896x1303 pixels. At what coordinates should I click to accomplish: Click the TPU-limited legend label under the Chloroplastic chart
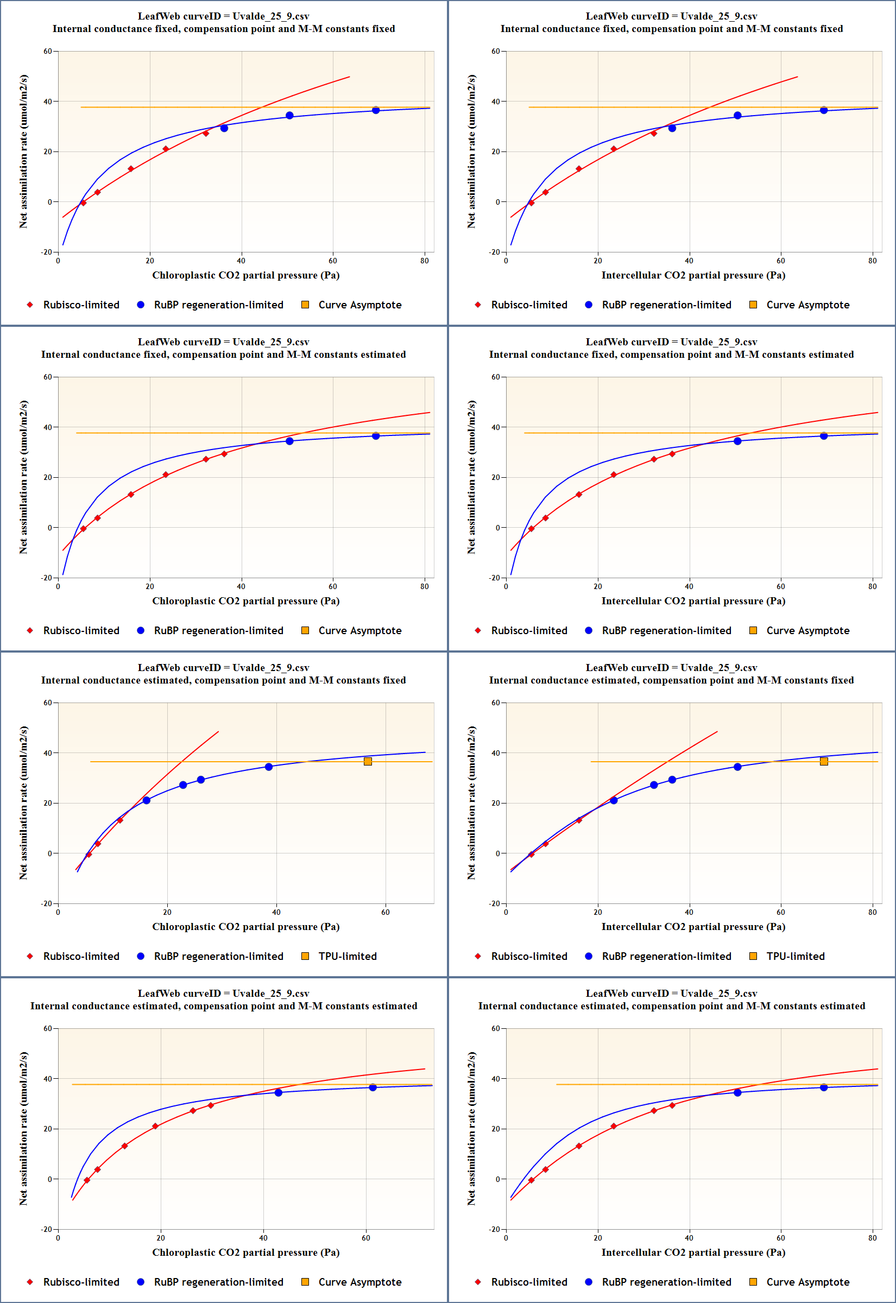[x=348, y=956]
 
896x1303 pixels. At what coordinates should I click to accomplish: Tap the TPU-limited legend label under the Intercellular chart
[x=796, y=956]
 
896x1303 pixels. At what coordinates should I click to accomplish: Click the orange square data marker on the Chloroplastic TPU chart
[x=368, y=762]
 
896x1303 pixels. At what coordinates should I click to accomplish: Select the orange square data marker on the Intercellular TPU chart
[x=824, y=762]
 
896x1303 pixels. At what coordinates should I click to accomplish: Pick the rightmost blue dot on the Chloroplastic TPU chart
[x=269, y=767]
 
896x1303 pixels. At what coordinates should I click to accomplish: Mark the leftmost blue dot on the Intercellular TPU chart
[x=614, y=800]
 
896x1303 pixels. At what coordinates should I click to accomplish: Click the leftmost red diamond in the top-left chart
[x=84, y=203]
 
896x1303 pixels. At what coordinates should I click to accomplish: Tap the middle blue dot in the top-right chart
[x=737, y=116]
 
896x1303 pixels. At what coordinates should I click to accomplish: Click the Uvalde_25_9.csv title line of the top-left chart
[x=223, y=16]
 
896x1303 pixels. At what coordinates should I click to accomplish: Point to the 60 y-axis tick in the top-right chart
[x=496, y=52]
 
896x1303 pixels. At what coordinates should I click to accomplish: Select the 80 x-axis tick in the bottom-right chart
[x=873, y=1238]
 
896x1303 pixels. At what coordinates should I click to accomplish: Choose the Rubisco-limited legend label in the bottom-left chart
[x=81, y=1282]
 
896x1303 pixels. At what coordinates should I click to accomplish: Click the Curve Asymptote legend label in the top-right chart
[x=808, y=305]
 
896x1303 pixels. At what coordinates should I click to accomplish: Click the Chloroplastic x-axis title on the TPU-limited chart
[x=246, y=926]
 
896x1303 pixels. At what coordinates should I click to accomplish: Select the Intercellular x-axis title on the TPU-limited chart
[x=693, y=926]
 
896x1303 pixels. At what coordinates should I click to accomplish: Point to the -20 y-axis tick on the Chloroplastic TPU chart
[x=46, y=903]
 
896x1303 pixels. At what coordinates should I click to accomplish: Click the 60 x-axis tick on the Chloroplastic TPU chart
[x=386, y=913]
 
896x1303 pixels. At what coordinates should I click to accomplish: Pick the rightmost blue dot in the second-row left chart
[x=376, y=436]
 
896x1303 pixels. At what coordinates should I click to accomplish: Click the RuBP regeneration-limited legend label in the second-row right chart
[x=666, y=631]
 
